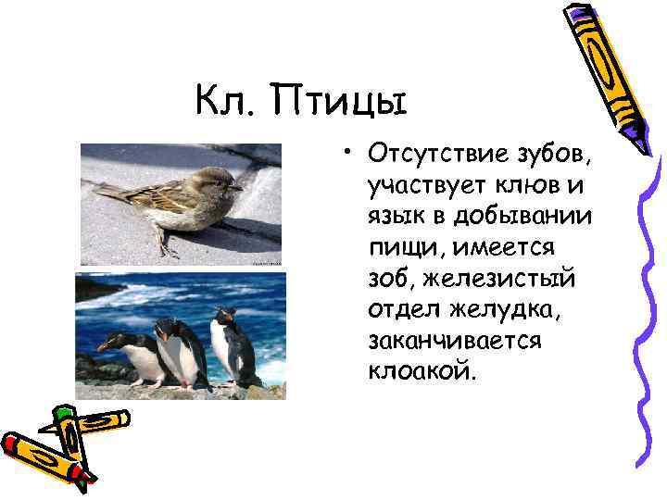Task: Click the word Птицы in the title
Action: pyautogui.click(x=339, y=99)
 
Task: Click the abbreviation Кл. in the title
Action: pyautogui.click(x=227, y=97)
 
